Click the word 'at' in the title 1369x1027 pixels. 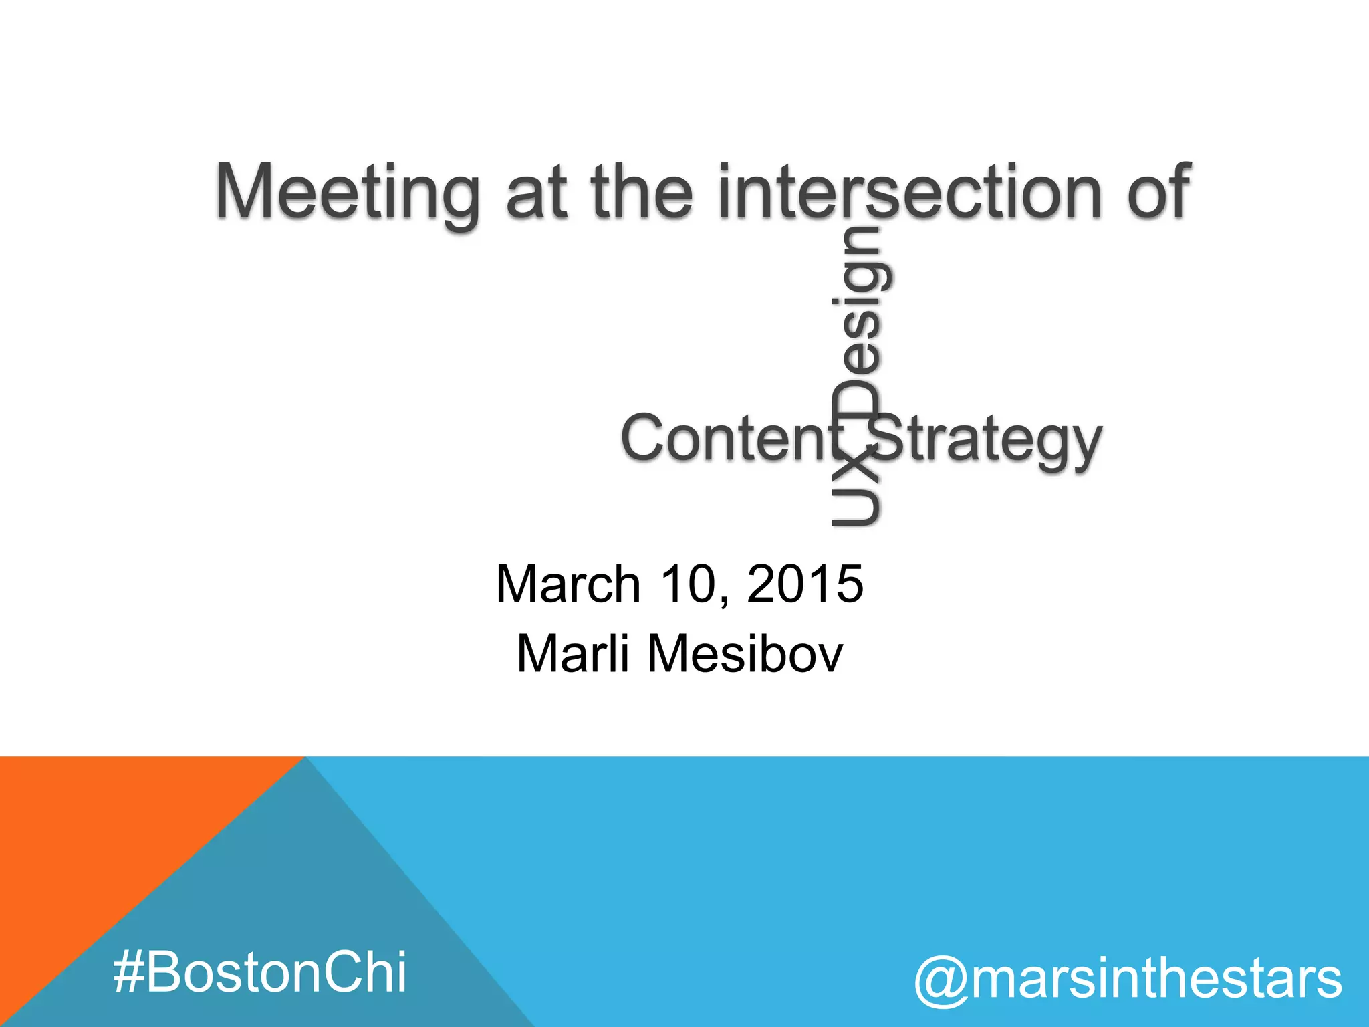(x=537, y=194)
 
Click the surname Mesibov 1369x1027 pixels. (x=745, y=654)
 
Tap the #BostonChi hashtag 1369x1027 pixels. (x=260, y=973)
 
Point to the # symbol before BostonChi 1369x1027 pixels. (x=129, y=974)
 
